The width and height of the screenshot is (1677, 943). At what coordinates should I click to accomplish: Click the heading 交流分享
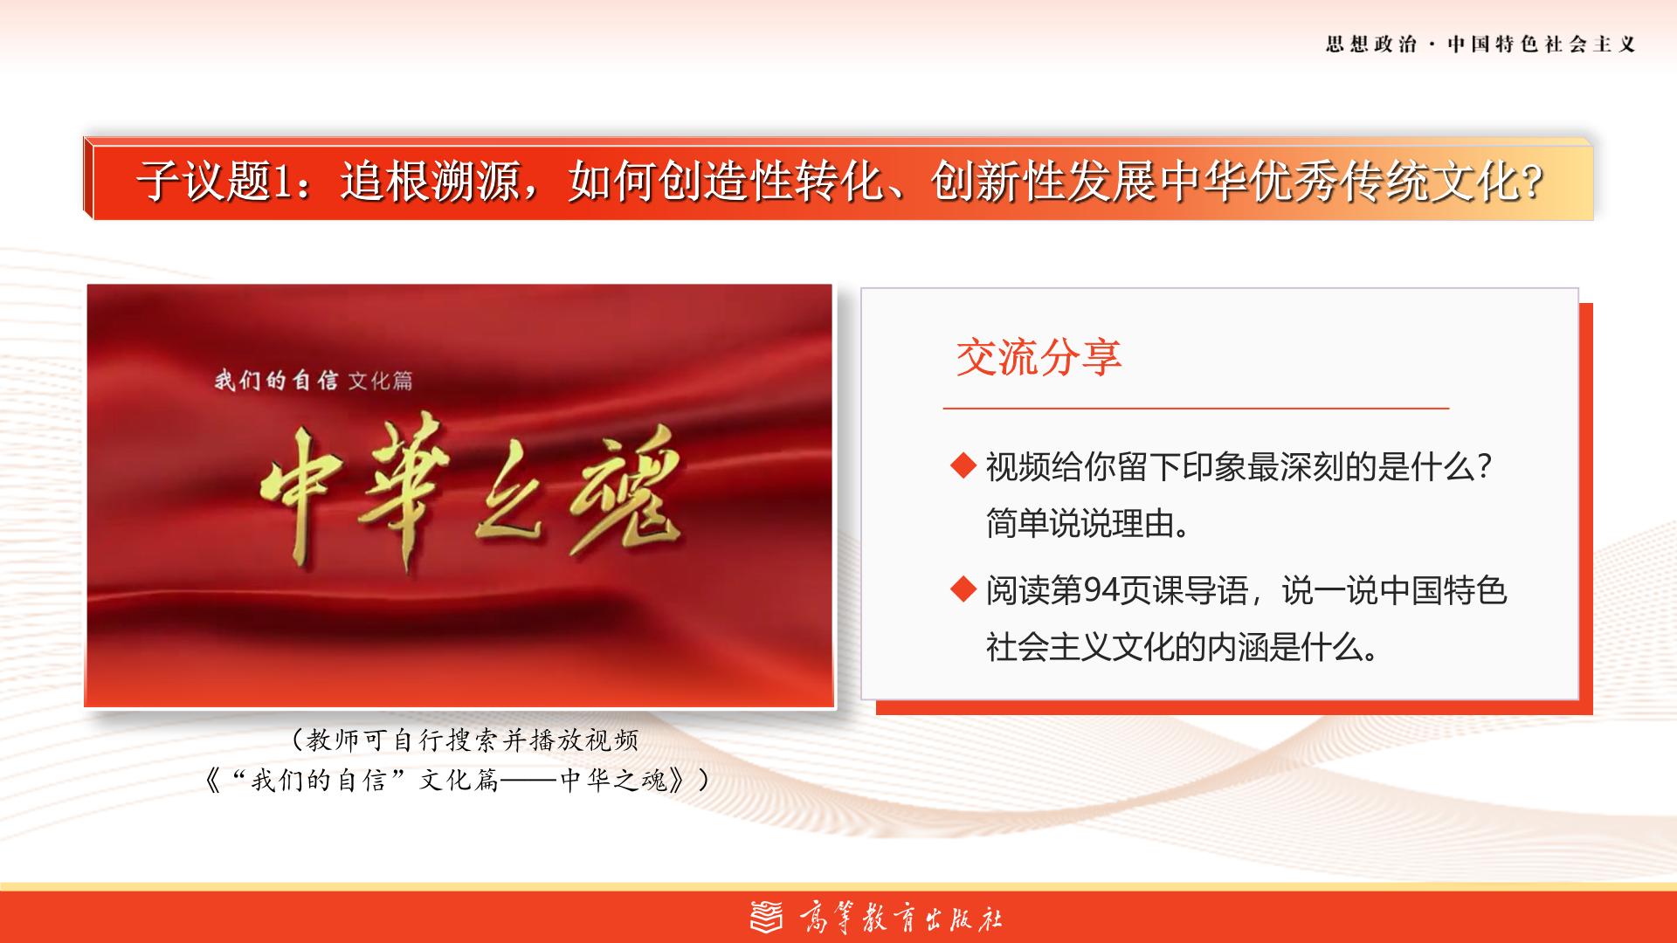1039,357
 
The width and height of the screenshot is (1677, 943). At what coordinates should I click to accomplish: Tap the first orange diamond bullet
963,466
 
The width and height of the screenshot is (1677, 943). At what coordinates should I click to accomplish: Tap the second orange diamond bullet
963,590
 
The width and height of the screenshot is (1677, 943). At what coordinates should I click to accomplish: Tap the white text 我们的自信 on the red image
276,381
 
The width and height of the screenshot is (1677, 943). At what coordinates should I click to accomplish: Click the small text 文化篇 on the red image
380,381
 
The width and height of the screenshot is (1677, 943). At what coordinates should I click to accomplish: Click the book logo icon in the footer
767,917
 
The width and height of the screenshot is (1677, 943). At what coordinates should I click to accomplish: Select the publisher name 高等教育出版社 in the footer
901,918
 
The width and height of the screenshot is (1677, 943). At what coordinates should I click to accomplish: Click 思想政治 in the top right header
1370,45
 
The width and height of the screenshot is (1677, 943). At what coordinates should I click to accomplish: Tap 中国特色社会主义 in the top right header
1542,45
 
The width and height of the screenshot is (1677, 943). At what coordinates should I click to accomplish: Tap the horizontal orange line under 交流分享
1196,408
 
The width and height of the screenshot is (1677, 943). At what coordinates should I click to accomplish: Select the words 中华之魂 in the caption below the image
613,780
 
